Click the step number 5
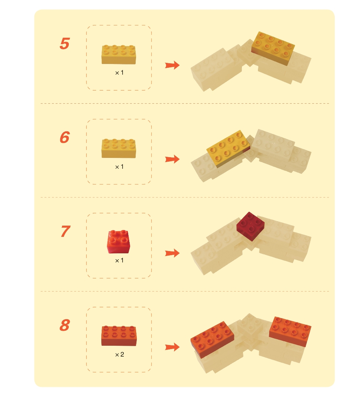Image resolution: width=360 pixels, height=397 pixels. click(65, 43)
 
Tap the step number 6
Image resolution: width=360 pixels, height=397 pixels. click(65, 137)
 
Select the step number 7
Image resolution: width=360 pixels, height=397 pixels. click(65, 231)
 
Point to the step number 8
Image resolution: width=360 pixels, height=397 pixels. click(65, 325)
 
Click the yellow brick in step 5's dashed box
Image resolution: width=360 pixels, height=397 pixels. click(119, 54)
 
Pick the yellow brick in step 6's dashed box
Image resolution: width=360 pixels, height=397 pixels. click(119, 149)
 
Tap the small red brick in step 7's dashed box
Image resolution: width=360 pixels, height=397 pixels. click(119, 242)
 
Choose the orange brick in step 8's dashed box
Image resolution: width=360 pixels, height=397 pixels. click(119, 336)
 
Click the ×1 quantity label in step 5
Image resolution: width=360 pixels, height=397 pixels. click(119, 73)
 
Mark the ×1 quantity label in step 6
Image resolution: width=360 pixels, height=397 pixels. click(119, 167)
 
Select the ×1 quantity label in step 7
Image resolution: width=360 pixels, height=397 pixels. click(119, 260)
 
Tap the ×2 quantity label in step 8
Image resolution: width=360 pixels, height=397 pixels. click(119, 354)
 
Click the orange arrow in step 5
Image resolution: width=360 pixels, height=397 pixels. click(172, 65)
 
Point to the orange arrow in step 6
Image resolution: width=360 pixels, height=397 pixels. click(172, 159)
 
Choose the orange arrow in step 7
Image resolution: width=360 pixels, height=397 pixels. click(172, 253)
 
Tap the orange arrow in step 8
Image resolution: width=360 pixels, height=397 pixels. click(172, 347)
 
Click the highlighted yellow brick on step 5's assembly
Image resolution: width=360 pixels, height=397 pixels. click(273, 48)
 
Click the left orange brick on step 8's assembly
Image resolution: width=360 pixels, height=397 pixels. click(212, 339)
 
